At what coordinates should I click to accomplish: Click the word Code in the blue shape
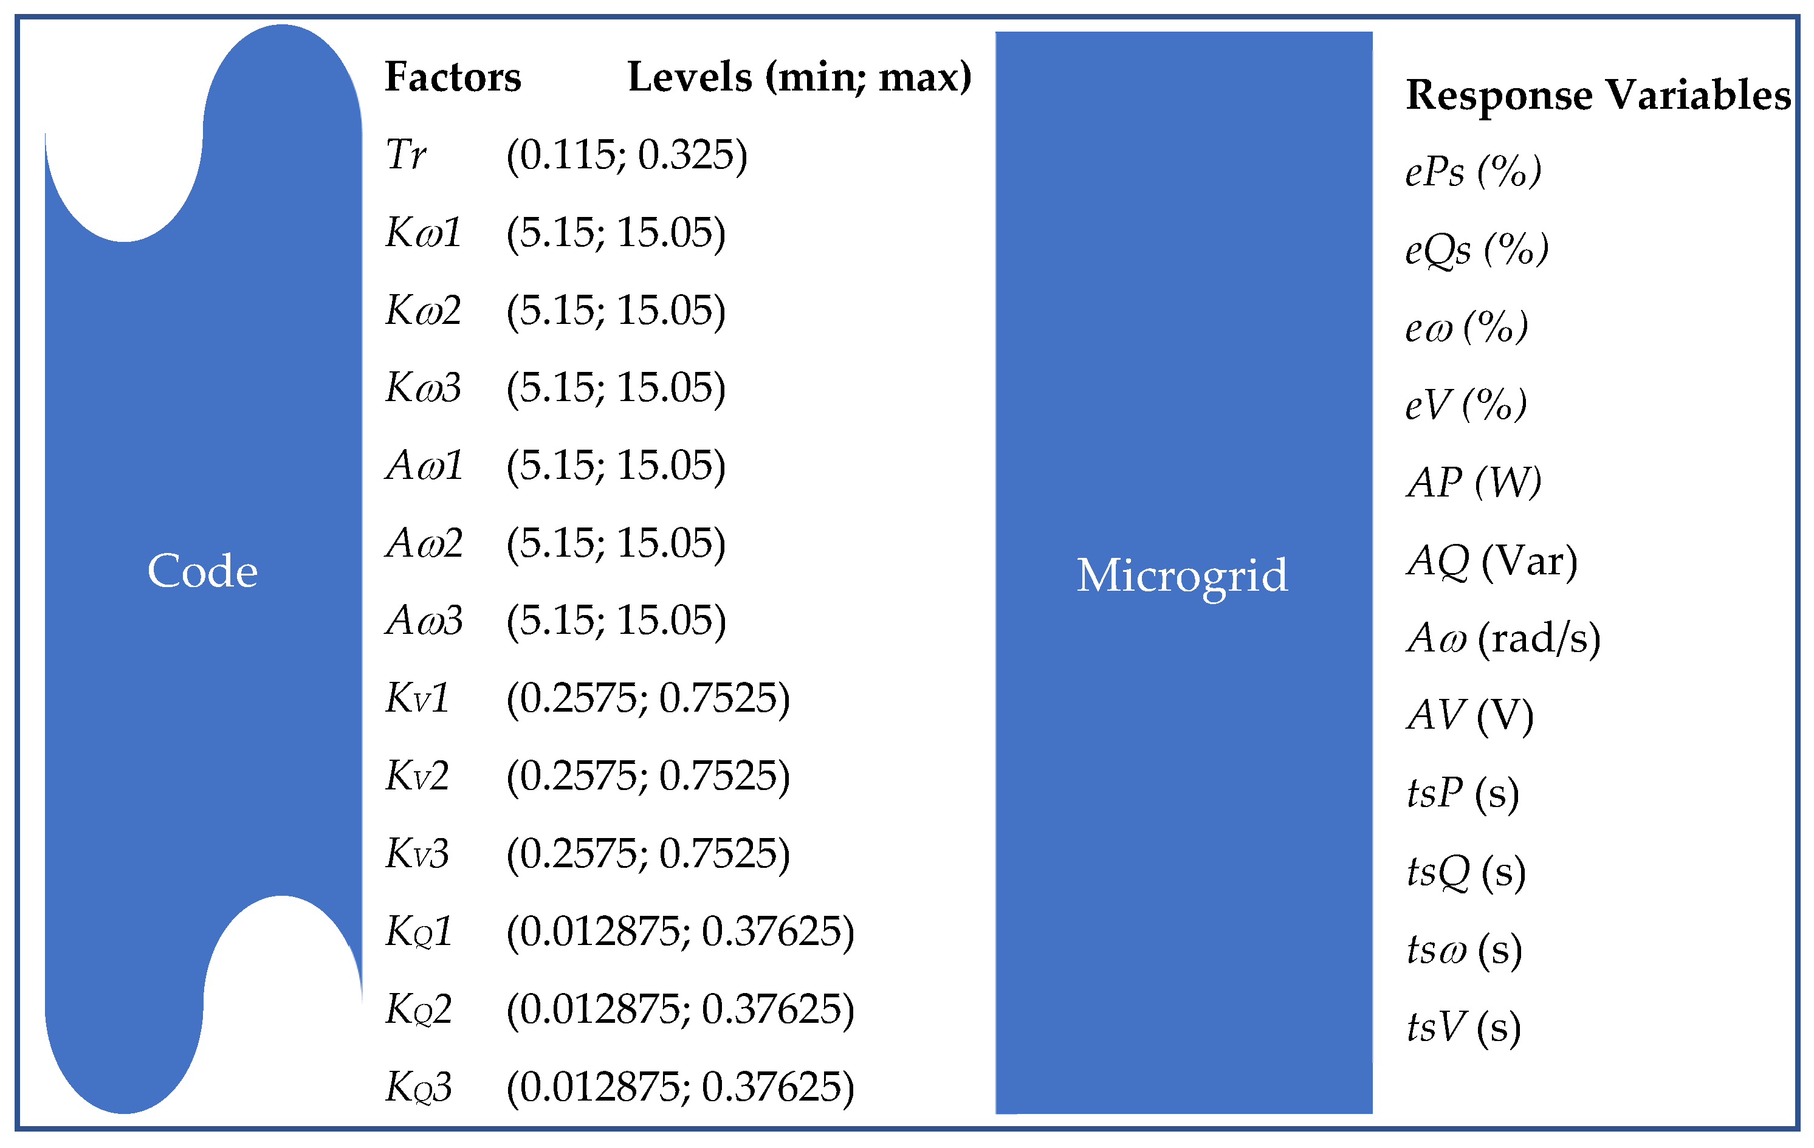point(202,571)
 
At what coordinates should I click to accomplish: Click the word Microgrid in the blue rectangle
point(1182,576)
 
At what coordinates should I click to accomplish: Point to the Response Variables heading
point(1598,95)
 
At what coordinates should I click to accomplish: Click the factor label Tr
point(405,155)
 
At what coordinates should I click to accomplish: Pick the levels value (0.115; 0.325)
point(627,155)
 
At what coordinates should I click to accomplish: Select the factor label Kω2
point(422,311)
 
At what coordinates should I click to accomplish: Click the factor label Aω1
point(424,466)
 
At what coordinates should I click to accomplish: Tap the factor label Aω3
point(424,620)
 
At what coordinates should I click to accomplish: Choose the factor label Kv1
point(417,698)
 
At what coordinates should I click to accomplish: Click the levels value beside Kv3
point(648,854)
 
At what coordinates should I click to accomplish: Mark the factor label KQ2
point(418,1009)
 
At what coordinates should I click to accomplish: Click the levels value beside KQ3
point(680,1087)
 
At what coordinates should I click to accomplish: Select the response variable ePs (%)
point(1472,172)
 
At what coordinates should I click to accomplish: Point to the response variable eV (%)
point(1465,405)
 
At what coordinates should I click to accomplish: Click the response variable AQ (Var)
point(1491,561)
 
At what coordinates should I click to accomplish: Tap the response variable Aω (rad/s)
point(1503,639)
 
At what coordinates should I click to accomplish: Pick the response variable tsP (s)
point(1462,794)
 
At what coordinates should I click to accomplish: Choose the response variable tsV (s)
point(1463,1028)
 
